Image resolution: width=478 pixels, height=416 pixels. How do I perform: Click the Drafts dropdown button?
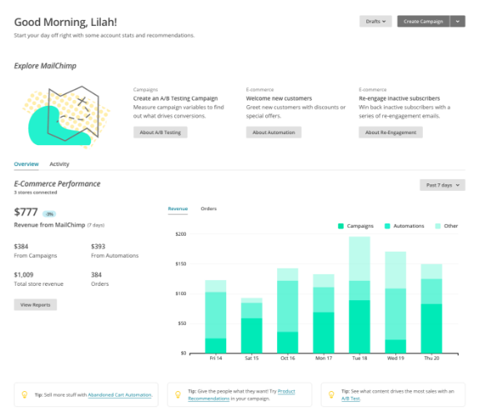pyautogui.click(x=375, y=22)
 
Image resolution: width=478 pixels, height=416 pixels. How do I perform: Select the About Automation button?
pyautogui.click(x=274, y=133)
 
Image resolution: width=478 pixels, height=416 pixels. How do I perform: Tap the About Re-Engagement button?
pyautogui.click(x=390, y=133)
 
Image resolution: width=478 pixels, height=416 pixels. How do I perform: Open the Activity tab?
pyautogui.click(x=59, y=164)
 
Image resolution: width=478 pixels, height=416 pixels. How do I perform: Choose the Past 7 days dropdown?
pyautogui.click(x=442, y=185)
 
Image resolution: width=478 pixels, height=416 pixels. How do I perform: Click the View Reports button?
pyautogui.click(x=36, y=305)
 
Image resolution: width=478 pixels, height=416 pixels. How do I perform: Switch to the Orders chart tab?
pyautogui.click(x=209, y=208)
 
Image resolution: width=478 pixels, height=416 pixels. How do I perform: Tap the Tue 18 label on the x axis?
pyautogui.click(x=359, y=358)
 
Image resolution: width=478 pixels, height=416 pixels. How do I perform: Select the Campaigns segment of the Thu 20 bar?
pyautogui.click(x=430, y=328)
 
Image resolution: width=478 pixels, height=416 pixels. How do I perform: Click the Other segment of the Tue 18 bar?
pyautogui.click(x=359, y=258)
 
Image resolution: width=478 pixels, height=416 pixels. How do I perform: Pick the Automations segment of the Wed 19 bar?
pyautogui.click(x=395, y=313)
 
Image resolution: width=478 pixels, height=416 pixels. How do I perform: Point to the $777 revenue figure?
pyautogui.click(x=28, y=212)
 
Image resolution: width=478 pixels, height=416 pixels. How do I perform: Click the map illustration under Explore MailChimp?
pyautogui.click(x=67, y=117)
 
